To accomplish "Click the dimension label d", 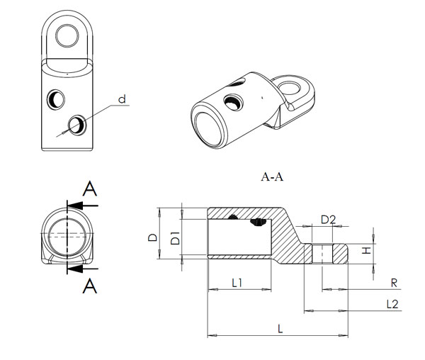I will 121,100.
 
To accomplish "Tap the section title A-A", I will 271,177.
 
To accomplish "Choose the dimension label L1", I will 238,283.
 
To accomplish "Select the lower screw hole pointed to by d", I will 74,125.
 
